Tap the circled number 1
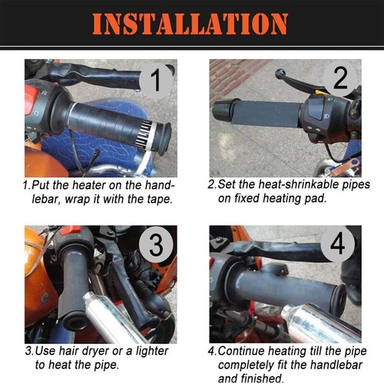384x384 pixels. coord(155,79)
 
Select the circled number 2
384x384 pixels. coord(340,79)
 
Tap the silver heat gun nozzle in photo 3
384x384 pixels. coord(108,315)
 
